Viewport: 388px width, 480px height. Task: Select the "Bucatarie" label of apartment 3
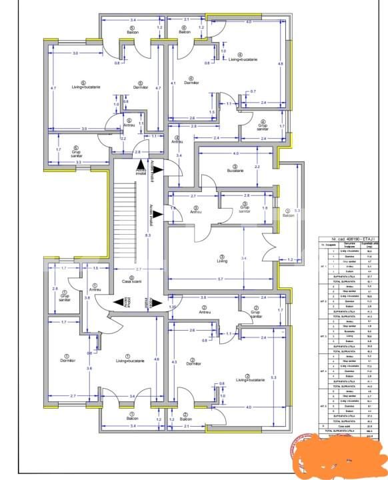(x=235, y=171)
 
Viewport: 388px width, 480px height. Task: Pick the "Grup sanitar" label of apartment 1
(x=65, y=298)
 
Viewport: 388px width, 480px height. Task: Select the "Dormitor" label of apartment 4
(x=189, y=83)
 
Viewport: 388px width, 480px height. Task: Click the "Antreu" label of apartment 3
(x=195, y=209)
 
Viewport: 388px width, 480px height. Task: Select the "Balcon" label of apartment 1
(x=123, y=417)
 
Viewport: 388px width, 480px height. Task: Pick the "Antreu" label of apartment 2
(x=204, y=311)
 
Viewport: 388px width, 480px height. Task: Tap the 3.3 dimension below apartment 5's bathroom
(x=78, y=162)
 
